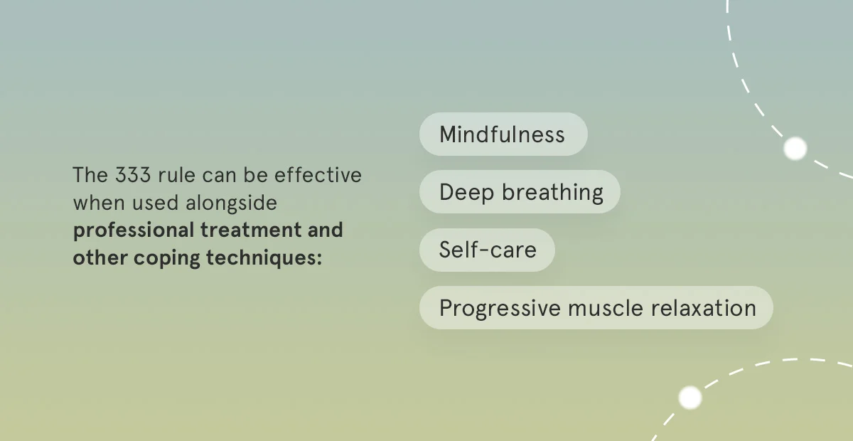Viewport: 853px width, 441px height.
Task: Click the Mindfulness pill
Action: tap(503, 134)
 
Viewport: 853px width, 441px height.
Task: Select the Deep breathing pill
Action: tap(520, 192)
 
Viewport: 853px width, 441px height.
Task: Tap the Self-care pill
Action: tap(487, 250)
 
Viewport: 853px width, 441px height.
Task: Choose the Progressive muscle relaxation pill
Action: tap(596, 307)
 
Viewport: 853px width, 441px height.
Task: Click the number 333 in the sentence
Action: tap(133, 175)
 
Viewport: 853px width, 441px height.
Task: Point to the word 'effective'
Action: tap(318, 175)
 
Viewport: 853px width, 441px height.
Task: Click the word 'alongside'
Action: tap(231, 203)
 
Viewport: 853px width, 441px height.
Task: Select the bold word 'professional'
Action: tap(134, 230)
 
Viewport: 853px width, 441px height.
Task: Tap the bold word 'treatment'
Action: tap(251, 230)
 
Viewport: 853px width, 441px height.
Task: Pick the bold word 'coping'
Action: tap(166, 258)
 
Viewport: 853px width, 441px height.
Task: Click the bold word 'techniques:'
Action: tap(264, 257)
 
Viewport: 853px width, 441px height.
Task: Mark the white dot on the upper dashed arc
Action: tap(795, 148)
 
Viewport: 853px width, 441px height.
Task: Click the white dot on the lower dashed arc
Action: tap(690, 398)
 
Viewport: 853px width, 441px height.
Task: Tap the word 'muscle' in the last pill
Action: tap(606, 308)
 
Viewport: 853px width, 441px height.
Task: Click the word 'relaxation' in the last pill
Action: tap(704, 308)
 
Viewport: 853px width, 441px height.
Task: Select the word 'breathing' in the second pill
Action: tap(552, 192)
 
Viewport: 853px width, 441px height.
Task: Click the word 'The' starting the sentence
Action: tap(90, 175)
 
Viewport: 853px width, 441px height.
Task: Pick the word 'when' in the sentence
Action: tap(99, 203)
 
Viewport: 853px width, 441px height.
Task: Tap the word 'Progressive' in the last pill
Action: tap(500, 309)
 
